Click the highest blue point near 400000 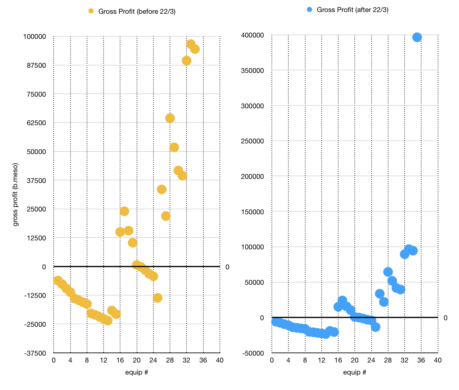(417, 37)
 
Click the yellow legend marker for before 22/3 (91, 11)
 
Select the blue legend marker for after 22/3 (309, 10)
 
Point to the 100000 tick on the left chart (34, 36)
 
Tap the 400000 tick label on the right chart (253, 35)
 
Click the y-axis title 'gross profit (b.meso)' (15, 195)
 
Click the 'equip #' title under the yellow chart (137, 372)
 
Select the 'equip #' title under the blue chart (354, 372)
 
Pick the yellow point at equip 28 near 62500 (170, 118)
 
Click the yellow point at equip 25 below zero (158, 298)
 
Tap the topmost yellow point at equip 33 (191, 44)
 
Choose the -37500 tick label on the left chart (35, 353)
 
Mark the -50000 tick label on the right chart (253, 353)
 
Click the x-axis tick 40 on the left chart (220, 360)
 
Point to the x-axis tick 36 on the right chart (421, 360)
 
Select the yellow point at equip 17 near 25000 (124, 211)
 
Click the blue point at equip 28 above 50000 (388, 272)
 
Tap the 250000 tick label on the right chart (253, 141)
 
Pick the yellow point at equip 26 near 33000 (162, 189)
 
